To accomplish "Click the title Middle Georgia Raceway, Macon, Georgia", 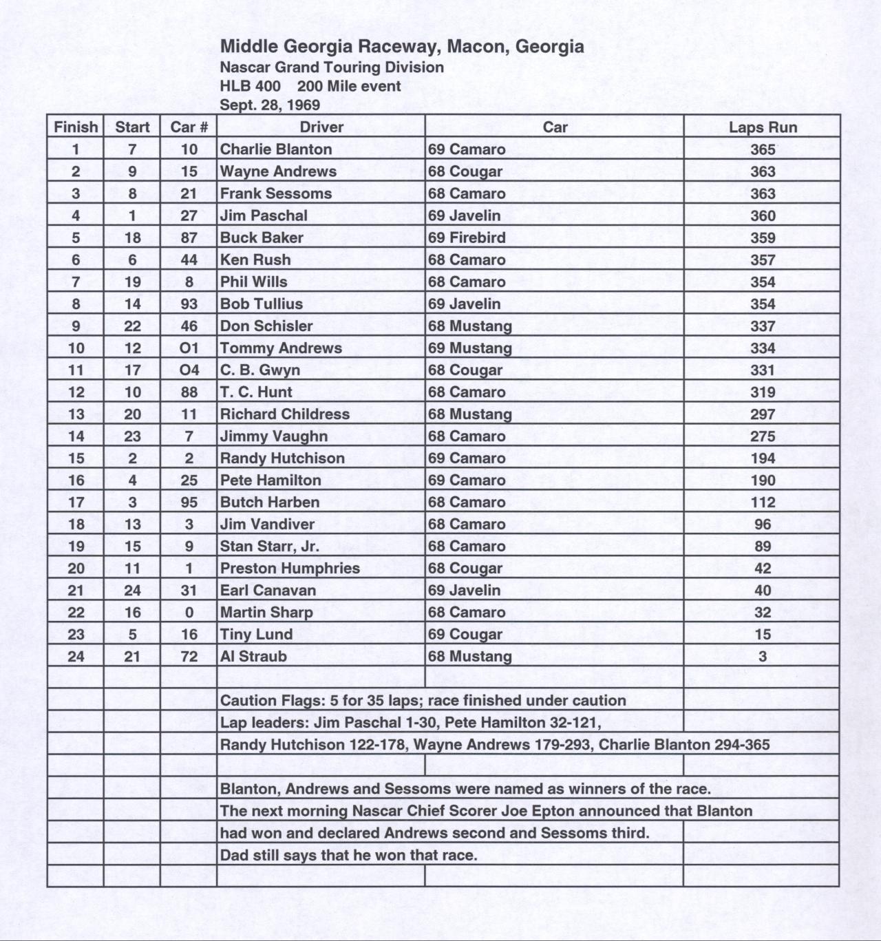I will point(402,47).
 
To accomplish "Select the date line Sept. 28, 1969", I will point(270,105).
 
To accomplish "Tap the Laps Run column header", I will point(763,127).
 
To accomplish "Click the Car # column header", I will point(189,127).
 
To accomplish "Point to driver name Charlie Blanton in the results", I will point(275,149).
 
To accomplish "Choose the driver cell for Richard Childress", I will point(284,414).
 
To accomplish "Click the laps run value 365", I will point(763,149).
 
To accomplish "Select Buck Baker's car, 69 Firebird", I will point(467,237).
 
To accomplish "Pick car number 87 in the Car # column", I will point(189,237).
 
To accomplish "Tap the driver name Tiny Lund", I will point(256,635).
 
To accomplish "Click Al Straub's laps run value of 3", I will point(763,657).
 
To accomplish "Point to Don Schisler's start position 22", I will point(132,326).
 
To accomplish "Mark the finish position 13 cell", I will point(76,414).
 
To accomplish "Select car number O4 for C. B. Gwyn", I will point(189,370).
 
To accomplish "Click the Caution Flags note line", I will point(423,701).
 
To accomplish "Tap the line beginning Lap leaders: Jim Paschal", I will point(410,723).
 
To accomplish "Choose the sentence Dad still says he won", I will point(348,856).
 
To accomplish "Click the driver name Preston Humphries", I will point(290,569).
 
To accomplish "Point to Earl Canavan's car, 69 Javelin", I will point(464,591).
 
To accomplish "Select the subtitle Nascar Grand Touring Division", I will point(332,67).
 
